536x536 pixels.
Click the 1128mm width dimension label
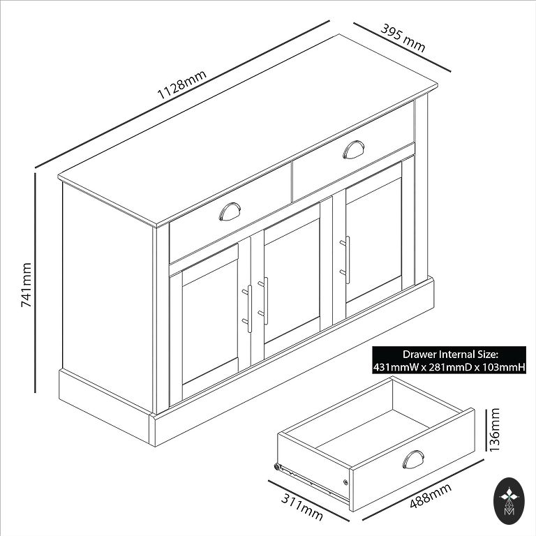pyautogui.click(x=181, y=84)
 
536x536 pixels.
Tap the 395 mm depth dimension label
pyautogui.click(x=403, y=38)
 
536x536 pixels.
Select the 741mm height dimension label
pyautogui.click(x=27, y=285)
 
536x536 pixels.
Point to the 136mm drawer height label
pyautogui.click(x=495, y=429)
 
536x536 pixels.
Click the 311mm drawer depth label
pyautogui.click(x=301, y=507)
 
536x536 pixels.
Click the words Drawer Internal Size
pyautogui.click(x=449, y=354)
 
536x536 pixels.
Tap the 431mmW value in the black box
pyautogui.click(x=396, y=368)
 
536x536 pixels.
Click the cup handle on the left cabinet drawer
pyautogui.click(x=230, y=211)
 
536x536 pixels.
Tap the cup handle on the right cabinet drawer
pyautogui.click(x=353, y=149)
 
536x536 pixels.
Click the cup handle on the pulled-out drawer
pyautogui.click(x=413, y=459)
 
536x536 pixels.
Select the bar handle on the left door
pyautogui.click(x=248, y=308)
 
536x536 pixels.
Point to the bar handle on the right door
pyautogui.click(x=345, y=260)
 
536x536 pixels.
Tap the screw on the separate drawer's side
pyautogui.click(x=345, y=482)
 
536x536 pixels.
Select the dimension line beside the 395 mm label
pyautogui.click(x=402, y=47)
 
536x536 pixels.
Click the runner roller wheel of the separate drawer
pyautogui.click(x=276, y=467)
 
